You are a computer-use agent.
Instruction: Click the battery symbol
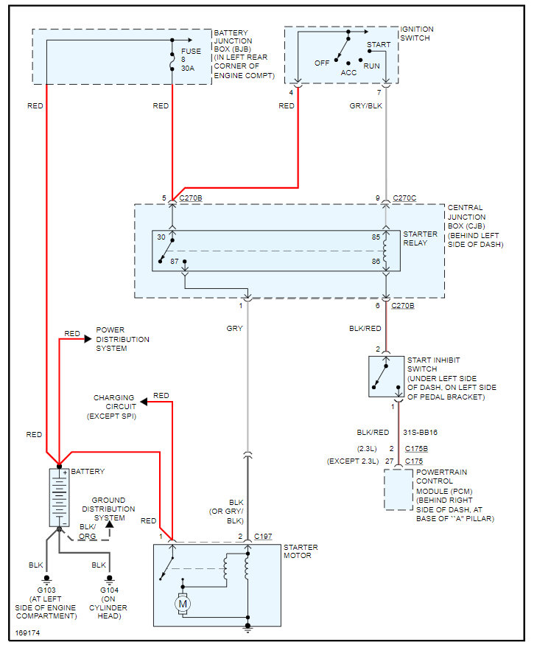coord(59,498)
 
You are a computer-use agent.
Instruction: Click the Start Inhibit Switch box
coord(386,377)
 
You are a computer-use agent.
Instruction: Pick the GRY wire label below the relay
coord(234,328)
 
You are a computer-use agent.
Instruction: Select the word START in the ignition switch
coord(378,45)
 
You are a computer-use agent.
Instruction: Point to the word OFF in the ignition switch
coord(322,63)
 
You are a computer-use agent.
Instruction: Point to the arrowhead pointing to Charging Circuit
coord(145,401)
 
